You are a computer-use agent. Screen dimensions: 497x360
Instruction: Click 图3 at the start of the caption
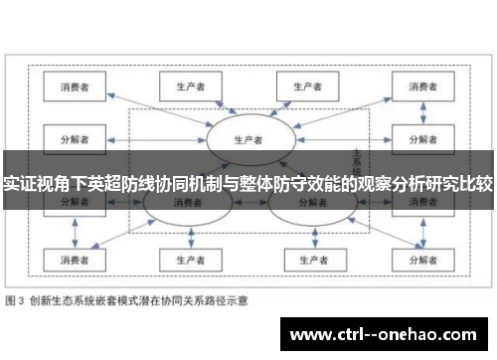pyautogui.click(x=16, y=298)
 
